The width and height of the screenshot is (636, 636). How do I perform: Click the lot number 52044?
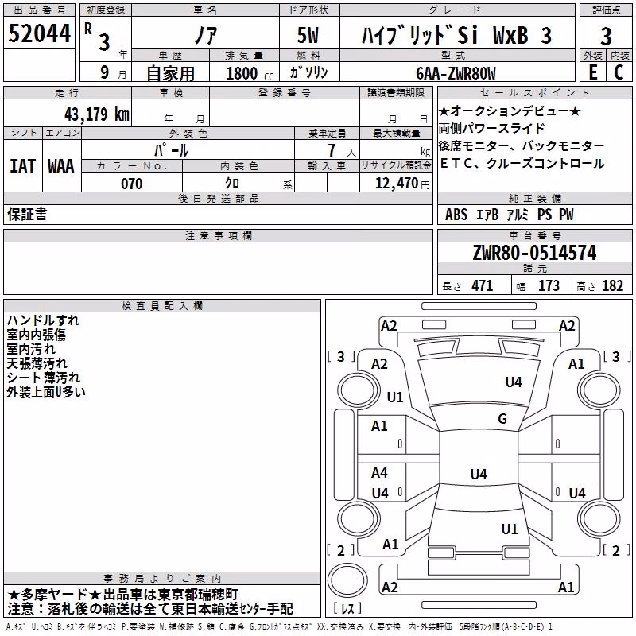pos(39,33)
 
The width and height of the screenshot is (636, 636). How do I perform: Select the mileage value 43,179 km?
pos(97,114)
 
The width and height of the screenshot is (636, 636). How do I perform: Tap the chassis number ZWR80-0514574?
pos(534,253)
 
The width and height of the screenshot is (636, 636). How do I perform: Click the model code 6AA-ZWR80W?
pos(456,73)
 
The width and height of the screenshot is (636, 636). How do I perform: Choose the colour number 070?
pos(132,184)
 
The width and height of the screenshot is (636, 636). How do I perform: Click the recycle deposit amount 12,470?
pos(397,184)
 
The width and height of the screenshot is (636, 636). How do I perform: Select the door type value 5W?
pos(308,35)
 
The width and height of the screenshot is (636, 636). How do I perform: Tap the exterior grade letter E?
pos(592,72)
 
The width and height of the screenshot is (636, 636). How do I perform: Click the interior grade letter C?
pos(619,72)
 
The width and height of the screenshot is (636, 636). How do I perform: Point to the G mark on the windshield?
pos(502,418)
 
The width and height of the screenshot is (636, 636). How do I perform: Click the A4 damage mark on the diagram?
pos(379,472)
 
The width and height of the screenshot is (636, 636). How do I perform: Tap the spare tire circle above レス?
pos(347,580)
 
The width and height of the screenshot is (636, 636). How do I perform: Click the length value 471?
pos(482,285)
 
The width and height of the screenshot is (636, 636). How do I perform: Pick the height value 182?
pos(612,285)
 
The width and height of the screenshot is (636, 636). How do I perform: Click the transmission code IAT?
pos(23,166)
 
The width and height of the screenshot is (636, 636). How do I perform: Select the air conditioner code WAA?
pos(61,166)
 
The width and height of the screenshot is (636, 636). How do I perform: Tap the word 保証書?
pos(27,214)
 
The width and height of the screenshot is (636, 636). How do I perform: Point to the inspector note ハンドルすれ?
pos(43,320)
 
